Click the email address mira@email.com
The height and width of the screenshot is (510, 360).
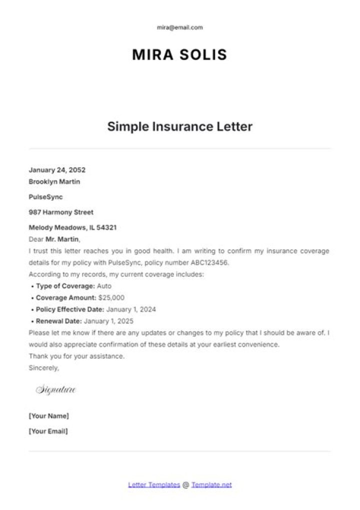click(180, 28)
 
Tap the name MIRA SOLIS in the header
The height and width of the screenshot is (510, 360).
click(179, 55)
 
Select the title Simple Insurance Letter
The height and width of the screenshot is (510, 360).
click(179, 126)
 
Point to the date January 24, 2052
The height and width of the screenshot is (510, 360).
click(57, 170)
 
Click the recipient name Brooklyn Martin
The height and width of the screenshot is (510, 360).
click(54, 182)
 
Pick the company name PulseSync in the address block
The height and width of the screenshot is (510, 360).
click(45, 197)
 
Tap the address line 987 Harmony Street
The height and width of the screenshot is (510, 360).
click(61, 212)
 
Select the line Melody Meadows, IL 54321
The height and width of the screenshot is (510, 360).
click(72, 227)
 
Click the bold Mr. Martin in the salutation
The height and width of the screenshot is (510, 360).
click(62, 239)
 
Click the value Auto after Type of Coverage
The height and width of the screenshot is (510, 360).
click(104, 286)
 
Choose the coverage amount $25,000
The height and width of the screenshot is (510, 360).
click(111, 298)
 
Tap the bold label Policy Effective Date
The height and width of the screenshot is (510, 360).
click(69, 309)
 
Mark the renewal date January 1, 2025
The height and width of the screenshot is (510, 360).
click(108, 321)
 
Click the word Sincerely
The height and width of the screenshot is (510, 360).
click(43, 368)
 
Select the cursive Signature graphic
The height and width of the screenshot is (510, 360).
click(55, 390)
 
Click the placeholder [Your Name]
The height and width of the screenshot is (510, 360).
click(49, 416)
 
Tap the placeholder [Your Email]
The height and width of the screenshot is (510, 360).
click(48, 431)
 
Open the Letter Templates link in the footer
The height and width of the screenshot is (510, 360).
click(154, 485)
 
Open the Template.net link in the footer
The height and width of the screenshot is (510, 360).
click(211, 485)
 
